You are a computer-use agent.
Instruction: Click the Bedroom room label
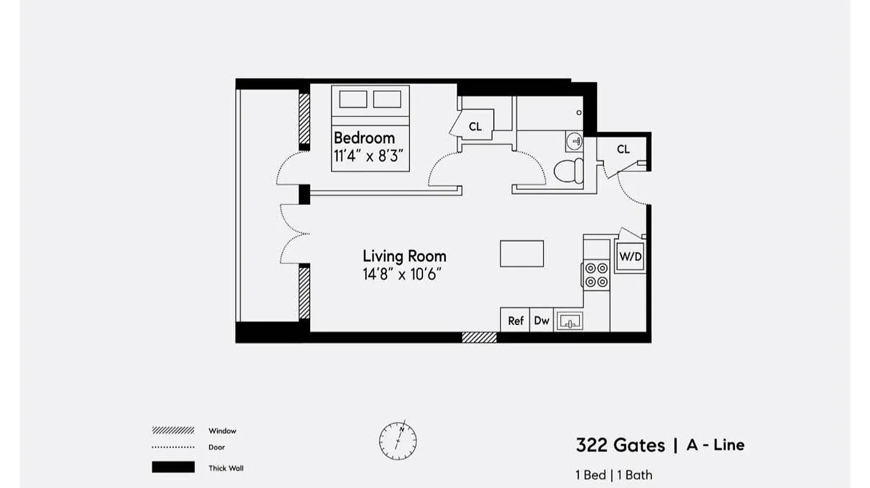tap(364, 137)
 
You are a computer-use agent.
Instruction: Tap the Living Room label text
tap(404, 256)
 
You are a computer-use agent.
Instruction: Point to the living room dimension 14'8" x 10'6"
tap(402, 274)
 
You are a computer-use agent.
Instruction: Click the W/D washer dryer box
tap(631, 257)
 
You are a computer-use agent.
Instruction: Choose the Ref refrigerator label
tap(516, 320)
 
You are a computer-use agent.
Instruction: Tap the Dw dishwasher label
tap(542, 320)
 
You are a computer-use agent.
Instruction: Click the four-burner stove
tap(596, 274)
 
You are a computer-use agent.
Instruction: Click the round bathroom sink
tap(575, 142)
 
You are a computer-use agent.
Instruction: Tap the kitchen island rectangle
tap(521, 254)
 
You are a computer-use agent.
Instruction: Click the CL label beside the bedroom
tap(475, 127)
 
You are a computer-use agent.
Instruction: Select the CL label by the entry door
tap(623, 149)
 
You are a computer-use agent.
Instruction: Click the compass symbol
tap(397, 440)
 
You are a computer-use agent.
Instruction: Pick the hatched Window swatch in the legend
tap(173, 430)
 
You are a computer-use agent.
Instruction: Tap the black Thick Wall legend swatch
tap(173, 468)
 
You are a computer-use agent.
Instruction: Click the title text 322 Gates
tap(620, 445)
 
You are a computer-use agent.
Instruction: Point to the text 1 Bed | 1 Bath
tap(614, 475)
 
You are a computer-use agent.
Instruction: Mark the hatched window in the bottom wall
tap(479, 337)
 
